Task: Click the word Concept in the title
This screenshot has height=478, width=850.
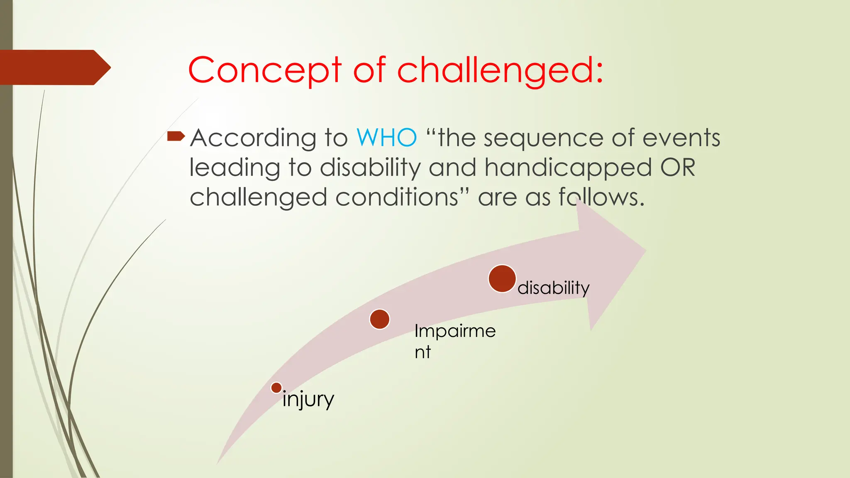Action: click(x=265, y=71)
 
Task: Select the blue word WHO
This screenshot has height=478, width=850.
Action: click(x=386, y=138)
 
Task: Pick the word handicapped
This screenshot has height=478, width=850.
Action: click(x=568, y=168)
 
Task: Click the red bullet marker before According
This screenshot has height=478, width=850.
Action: click(x=176, y=136)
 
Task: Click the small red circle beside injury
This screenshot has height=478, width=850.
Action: click(x=276, y=388)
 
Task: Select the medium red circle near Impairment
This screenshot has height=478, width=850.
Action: click(x=379, y=319)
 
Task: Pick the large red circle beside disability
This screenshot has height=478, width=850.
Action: click(x=502, y=278)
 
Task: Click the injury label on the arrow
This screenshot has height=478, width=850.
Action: click(x=308, y=400)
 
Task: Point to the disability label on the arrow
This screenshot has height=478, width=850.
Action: click(x=553, y=288)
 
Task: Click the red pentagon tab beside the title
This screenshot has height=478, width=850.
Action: click(x=54, y=67)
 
